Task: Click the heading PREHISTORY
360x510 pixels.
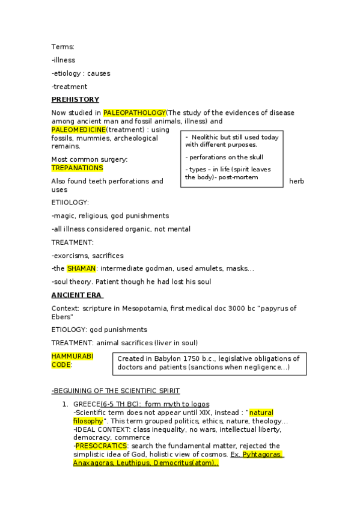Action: [75, 99]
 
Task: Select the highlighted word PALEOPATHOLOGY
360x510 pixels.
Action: [134, 112]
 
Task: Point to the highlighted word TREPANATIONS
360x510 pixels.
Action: [77, 168]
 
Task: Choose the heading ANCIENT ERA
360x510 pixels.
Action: [78, 295]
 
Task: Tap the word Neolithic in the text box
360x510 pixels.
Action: [207, 137]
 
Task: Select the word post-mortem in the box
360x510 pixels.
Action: [239, 177]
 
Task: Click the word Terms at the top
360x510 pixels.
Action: [63, 46]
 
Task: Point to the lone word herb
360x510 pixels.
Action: [296, 181]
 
